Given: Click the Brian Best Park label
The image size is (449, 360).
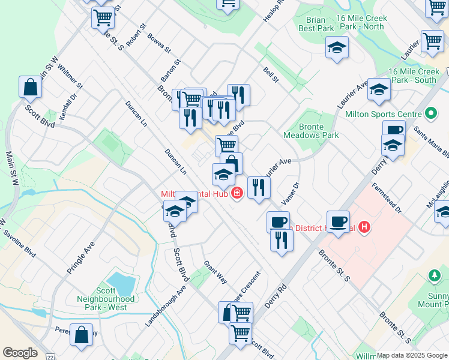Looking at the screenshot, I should click(x=316, y=23).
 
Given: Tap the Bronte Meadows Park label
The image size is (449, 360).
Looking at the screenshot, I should click(x=319, y=131).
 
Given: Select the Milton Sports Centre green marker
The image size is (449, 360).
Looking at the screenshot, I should click(x=430, y=113).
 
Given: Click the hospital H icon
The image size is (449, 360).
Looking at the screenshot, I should click(x=364, y=227).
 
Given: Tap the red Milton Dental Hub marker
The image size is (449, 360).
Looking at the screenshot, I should click(x=238, y=193).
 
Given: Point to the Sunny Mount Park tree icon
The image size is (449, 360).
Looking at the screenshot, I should click(x=434, y=275).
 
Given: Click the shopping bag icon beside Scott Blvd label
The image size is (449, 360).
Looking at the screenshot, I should click(x=30, y=88).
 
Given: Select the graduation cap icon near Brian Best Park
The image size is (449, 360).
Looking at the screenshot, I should click(x=337, y=47).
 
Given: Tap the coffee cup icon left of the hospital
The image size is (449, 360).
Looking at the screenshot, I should click(x=339, y=221).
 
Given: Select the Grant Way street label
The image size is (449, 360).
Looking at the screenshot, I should click(x=215, y=271).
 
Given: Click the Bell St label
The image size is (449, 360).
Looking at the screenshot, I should click(x=271, y=74).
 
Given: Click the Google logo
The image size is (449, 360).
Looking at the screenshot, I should click(x=20, y=353).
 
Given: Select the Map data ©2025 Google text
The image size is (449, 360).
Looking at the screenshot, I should click(x=412, y=355).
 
